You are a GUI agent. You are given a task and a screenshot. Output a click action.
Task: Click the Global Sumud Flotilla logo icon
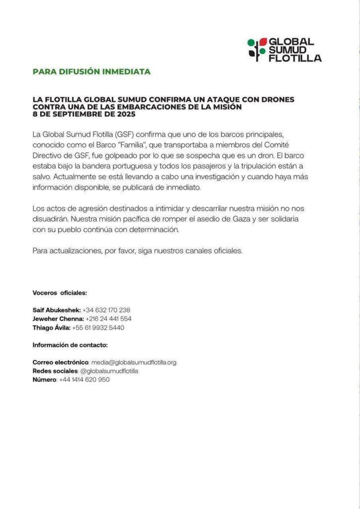click(x=257, y=50)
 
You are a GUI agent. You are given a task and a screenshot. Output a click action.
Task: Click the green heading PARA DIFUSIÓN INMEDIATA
click(x=91, y=72)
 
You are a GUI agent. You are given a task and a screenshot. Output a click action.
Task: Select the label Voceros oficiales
click(x=60, y=293)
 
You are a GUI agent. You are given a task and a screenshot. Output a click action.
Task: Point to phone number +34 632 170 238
click(x=106, y=310)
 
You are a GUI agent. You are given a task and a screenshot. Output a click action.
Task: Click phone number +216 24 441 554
click(x=108, y=319)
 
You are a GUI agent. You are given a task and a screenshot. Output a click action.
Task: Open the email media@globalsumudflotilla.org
click(x=134, y=362)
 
